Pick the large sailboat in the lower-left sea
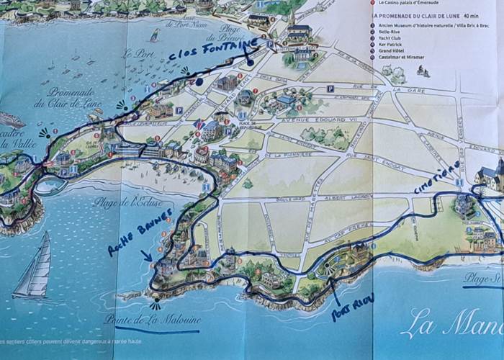[x=36, y=266]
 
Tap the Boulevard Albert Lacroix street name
[x=342, y=197]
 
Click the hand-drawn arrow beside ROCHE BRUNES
[x=146, y=255]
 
